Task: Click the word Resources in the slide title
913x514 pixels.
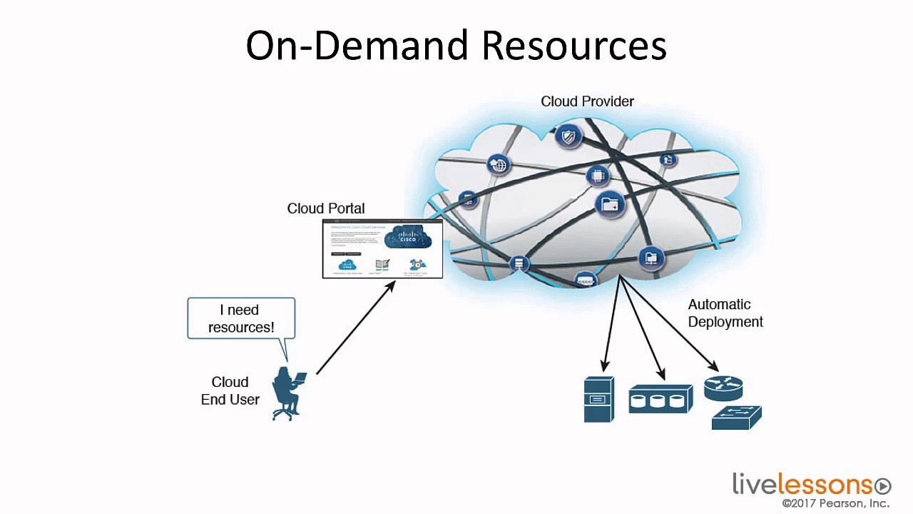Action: (573, 46)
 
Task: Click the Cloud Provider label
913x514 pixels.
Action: (587, 101)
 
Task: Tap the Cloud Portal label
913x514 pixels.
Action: (325, 208)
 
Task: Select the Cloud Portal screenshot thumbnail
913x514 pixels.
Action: (382, 249)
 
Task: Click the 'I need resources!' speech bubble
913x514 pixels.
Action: (241, 318)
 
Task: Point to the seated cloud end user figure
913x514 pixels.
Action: (288, 393)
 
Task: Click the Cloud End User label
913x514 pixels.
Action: (230, 391)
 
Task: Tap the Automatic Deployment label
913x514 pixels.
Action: (725, 313)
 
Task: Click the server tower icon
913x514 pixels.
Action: (598, 400)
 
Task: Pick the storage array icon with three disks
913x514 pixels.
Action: (660, 399)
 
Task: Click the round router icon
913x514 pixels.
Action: (723, 388)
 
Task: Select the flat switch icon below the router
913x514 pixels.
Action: (736, 418)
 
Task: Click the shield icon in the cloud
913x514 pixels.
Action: (568, 136)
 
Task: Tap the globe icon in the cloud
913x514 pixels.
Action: (499, 165)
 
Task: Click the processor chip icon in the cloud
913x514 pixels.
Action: (598, 175)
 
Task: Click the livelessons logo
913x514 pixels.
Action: (802, 485)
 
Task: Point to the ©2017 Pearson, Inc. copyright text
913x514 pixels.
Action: (835, 504)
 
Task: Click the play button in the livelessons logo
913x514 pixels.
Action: (883, 486)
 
